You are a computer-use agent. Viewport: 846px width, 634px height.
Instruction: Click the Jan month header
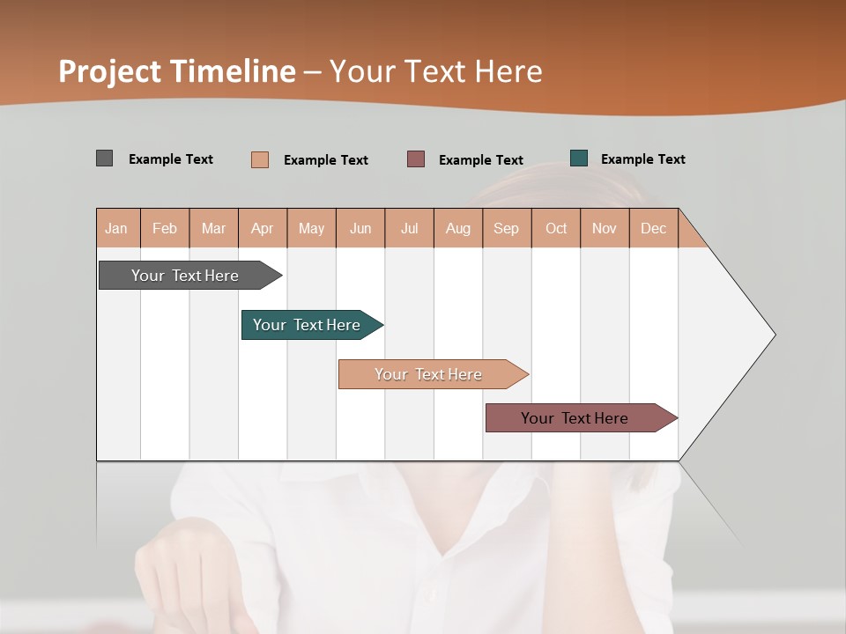coord(116,229)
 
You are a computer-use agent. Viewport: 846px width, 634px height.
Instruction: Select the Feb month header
coord(165,229)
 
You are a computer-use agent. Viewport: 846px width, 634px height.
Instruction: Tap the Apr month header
coord(263,229)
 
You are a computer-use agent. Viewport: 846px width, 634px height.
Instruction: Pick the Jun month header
coord(360,229)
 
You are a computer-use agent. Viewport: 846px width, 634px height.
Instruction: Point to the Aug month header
coord(458,229)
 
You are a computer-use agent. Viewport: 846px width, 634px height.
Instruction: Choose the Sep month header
coord(506,229)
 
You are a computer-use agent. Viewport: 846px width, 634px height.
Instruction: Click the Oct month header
coord(556,229)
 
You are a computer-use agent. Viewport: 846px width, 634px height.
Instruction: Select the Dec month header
coord(654,229)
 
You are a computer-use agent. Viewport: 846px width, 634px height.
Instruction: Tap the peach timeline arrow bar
coord(430,374)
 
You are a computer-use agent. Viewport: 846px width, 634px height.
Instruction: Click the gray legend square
coord(104,158)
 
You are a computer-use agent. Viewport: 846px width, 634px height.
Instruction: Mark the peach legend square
coord(259,159)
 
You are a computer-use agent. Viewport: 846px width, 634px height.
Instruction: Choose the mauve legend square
coord(416,158)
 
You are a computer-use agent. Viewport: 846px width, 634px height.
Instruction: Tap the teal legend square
coord(579,158)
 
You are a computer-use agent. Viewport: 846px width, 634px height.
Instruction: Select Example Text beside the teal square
coord(642,159)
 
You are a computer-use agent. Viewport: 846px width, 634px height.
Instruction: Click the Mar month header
coord(213,229)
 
